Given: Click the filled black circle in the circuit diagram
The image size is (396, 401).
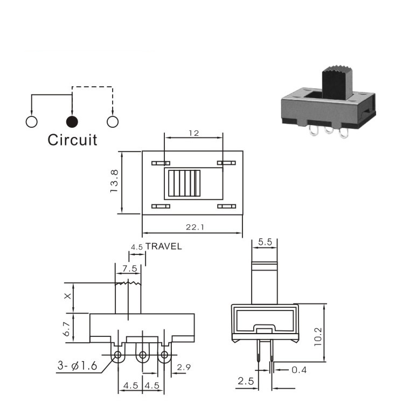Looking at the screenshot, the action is coord(72,122).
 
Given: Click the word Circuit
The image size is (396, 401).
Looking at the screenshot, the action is coord(72,140).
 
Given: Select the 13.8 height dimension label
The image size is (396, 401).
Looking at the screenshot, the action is coord(114,181).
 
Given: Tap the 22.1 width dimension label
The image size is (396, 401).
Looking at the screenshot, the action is coord(195,227).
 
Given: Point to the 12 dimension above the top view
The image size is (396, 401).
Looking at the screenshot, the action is coord(194,133).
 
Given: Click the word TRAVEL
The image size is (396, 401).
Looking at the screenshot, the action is coord(164,246).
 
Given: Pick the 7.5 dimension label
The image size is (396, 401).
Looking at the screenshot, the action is coord(130,268).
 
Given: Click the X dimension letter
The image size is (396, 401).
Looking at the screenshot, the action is coord(67,296).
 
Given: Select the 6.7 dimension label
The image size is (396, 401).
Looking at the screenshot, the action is coord(67,329).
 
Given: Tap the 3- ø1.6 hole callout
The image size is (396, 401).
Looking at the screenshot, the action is coord(78,366).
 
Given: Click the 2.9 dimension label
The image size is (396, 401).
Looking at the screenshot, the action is coord(184,367).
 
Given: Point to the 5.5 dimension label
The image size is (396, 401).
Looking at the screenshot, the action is coord(265,242).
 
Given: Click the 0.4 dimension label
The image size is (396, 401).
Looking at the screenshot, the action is coord(299,370).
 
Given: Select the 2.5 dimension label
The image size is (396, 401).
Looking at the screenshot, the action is coord(246,381).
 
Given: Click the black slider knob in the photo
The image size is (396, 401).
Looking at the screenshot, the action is coord(337,82).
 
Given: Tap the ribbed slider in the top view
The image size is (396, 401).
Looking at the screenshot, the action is coord(184,183).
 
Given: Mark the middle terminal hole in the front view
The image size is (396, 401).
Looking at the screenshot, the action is coord(142,355).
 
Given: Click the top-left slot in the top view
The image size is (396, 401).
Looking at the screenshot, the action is coord(161,163).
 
